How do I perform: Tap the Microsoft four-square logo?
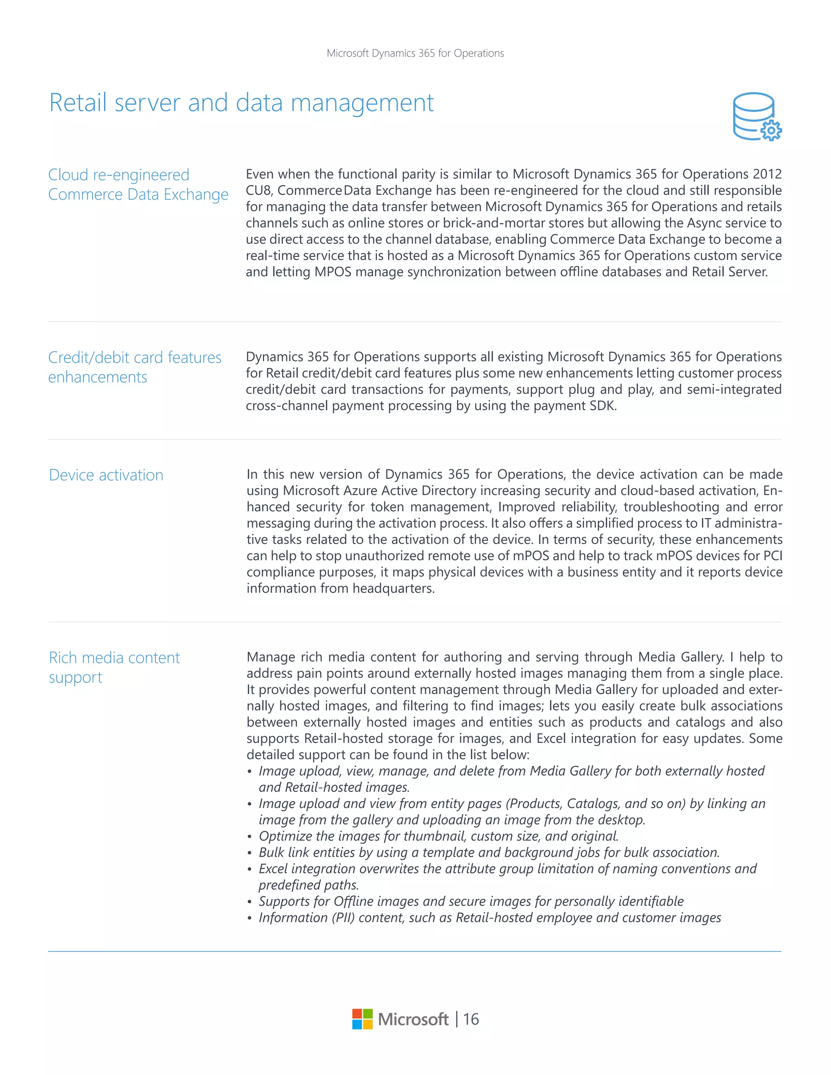tap(362, 1019)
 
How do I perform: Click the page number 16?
tap(471, 1019)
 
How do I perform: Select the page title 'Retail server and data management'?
tap(241, 103)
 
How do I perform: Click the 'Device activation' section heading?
tap(106, 475)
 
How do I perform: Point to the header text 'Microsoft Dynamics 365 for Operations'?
tap(415, 53)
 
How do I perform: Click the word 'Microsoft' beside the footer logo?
tap(413, 1019)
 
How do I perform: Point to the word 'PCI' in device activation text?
tap(773, 556)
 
